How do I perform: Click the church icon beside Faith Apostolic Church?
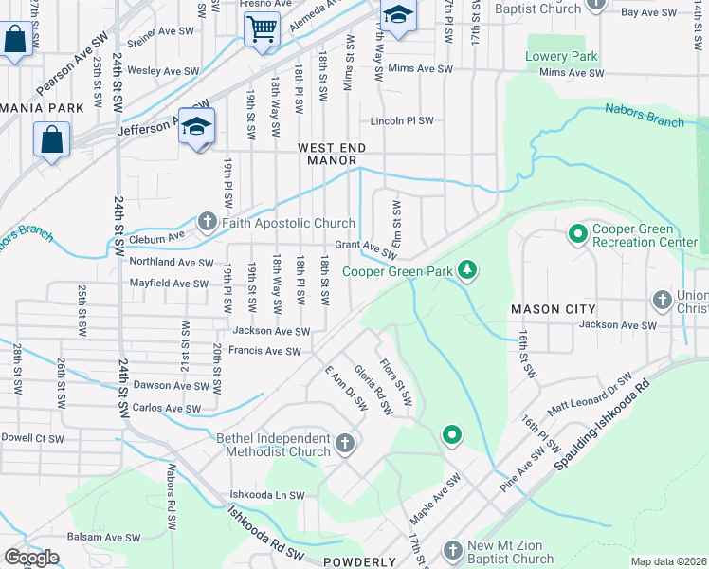click(x=208, y=223)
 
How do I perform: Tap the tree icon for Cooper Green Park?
click(x=466, y=271)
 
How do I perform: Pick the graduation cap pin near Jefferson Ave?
click(x=196, y=126)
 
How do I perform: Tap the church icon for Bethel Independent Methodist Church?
click(x=346, y=443)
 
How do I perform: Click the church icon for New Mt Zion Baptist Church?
click(x=453, y=550)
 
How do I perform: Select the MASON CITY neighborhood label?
click(x=553, y=309)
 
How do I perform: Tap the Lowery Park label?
click(x=562, y=57)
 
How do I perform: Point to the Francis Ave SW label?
click(x=266, y=351)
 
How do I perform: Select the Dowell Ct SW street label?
click(x=32, y=439)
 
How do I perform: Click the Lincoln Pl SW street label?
click(x=401, y=121)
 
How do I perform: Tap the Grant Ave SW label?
click(x=365, y=249)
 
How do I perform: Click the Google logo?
click(x=30, y=558)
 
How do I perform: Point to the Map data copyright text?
click(x=667, y=561)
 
